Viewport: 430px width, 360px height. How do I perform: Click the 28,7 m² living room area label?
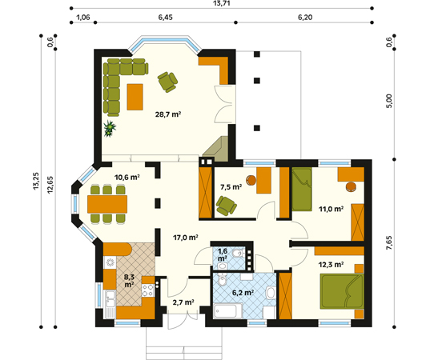click(168, 114)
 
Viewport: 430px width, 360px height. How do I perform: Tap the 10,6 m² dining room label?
click(127, 178)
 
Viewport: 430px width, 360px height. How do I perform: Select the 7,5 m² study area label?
click(231, 187)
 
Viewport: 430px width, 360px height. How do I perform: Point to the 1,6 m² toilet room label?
click(223, 254)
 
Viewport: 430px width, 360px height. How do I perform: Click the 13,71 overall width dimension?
click(221, 3)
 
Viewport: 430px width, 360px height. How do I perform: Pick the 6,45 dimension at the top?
click(166, 18)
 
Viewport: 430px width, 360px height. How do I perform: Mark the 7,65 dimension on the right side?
click(389, 242)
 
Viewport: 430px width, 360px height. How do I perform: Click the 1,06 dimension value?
click(82, 18)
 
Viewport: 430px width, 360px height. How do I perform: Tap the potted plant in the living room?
click(110, 128)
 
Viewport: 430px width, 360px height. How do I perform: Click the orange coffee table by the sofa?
click(135, 97)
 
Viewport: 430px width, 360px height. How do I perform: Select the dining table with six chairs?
click(107, 204)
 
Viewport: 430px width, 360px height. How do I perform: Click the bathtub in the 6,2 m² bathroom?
click(228, 311)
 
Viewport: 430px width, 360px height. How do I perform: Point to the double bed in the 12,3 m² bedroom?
click(342, 291)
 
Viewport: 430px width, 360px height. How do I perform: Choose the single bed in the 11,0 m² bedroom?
click(302, 189)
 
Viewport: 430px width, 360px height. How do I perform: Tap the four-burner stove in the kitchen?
click(148, 290)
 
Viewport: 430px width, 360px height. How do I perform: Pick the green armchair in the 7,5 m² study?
click(227, 206)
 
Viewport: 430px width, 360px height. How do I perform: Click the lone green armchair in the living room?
click(167, 82)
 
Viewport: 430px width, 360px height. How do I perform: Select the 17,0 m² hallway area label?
click(186, 238)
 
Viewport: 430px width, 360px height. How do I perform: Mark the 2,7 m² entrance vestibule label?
click(183, 302)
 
